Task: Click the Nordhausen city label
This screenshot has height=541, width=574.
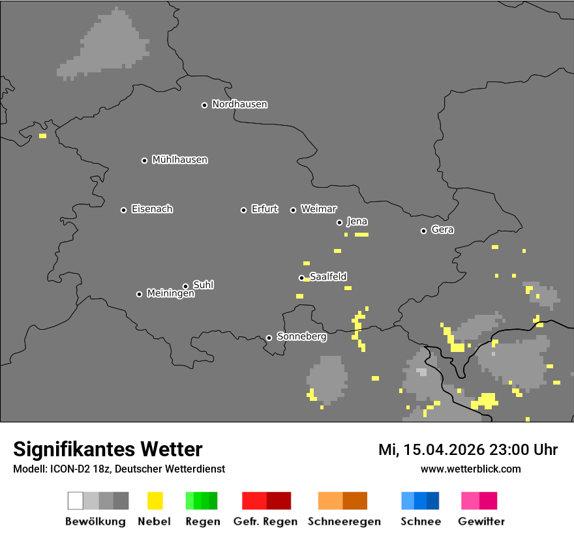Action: coord(239,104)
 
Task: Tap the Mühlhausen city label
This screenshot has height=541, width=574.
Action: coord(179,160)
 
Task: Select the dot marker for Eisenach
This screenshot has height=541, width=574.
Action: coord(123,210)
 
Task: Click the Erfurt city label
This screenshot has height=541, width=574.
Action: coord(264,209)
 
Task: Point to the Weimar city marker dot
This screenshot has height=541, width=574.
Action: coord(293,210)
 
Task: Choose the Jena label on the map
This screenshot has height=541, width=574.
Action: coord(357,222)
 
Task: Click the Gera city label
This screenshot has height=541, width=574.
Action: coord(442,230)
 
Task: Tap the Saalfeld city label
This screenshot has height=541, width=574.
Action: coord(328,277)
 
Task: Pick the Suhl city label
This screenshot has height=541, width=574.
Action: coord(203,285)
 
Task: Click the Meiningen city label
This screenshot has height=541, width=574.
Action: coord(170,294)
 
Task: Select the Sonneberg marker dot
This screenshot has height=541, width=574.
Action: coord(269,338)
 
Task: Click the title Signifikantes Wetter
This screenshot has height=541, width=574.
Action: coord(108,449)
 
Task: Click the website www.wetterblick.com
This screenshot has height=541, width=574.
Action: coord(470,469)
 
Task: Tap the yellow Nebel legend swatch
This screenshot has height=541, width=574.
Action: coord(155,501)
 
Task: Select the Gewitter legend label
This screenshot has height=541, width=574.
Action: coord(481,521)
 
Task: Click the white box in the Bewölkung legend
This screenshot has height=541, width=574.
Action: coord(76,501)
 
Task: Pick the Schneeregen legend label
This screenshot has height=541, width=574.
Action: coord(344,521)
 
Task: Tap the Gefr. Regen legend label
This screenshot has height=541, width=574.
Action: coord(265,521)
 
